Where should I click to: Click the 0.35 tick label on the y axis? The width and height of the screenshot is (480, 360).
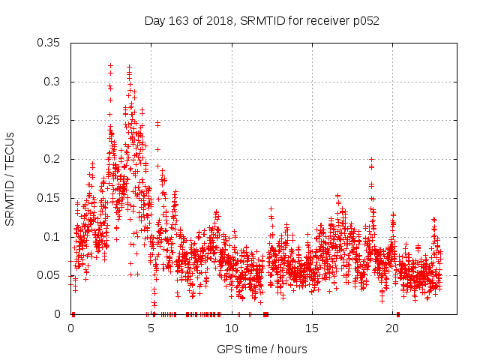(49, 43)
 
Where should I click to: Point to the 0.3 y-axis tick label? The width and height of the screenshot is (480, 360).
(52, 82)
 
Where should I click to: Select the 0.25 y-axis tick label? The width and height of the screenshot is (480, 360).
(49, 120)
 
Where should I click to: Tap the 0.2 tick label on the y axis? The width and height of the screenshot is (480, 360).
(52, 159)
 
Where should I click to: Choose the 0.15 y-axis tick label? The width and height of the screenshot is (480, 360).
(49, 198)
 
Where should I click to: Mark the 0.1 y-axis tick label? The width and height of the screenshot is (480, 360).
(52, 236)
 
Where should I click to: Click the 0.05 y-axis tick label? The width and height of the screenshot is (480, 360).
(49, 275)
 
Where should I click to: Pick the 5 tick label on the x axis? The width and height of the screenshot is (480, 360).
(151, 328)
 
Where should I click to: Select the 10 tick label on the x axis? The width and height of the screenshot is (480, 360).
(232, 328)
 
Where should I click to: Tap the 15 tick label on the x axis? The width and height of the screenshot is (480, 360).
(312, 328)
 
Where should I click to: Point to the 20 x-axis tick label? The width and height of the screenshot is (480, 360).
(392, 328)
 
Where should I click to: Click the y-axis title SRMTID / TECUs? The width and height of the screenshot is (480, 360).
(10, 178)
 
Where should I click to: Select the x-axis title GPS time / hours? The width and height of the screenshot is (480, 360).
(262, 349)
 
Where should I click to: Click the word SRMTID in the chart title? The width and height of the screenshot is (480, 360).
(259, 20)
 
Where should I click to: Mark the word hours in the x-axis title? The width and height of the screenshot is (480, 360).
(291, 349)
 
